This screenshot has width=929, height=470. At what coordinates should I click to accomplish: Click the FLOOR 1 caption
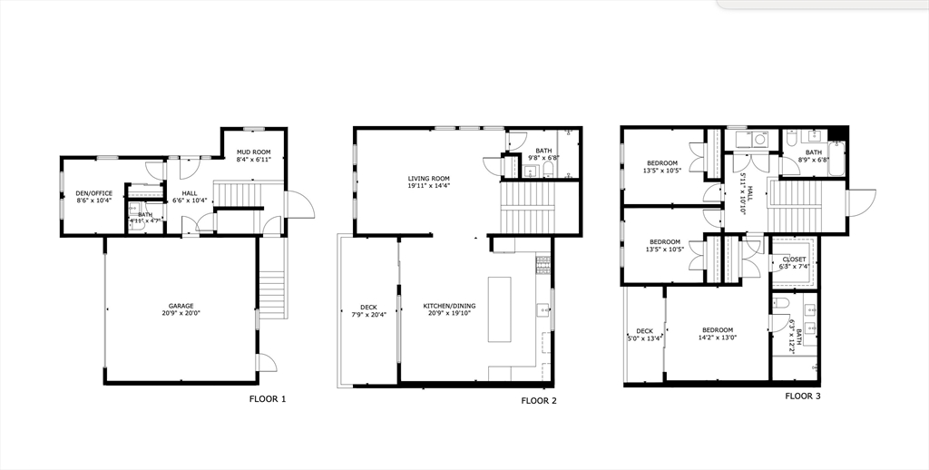(x=268, y=399)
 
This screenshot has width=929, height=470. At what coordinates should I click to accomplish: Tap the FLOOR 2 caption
(x=539, y=400)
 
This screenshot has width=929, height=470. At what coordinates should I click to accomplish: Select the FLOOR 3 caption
(x=802, y=396)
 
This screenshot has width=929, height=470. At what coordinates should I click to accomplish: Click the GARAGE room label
(x=181, y=306)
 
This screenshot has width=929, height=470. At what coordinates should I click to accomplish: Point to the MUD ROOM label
(x=254, y=152)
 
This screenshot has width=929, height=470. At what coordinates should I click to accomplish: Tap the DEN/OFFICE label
(x=93, y=192)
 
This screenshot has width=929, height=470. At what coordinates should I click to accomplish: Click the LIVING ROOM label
(x=428, y=179)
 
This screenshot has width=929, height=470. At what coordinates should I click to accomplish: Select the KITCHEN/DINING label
(x=449, y=306)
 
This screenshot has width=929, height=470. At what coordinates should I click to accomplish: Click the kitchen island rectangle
(x=499, y=308)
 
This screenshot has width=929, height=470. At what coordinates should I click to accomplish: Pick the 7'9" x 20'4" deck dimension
(x=368, y=315)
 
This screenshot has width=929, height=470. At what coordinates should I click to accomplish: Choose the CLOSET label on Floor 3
(x=794, y=259)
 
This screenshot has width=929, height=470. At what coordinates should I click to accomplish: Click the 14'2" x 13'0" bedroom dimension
(x=717, y=338)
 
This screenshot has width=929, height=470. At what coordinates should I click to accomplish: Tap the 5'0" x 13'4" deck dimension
(x=644, y=338)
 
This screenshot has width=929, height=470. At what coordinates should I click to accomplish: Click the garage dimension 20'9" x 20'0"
(x=181, y=314)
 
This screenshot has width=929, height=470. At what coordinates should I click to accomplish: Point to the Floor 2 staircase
(x=527, y=209)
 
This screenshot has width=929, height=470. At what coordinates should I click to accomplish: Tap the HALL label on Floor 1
(x=190, y=192)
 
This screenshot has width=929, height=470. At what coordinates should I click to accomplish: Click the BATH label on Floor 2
(x=543, y=151)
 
